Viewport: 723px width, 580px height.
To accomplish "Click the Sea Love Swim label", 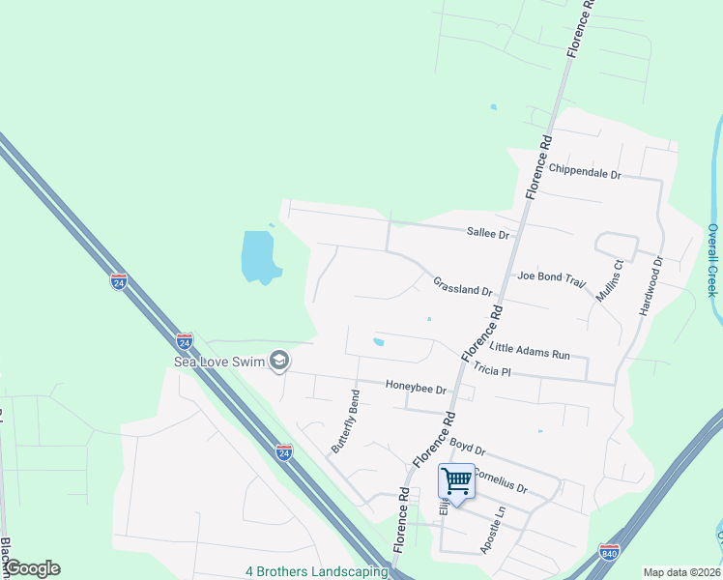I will (x=217, y=362).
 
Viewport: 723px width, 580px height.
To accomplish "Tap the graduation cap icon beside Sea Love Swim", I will (x=279, y=361).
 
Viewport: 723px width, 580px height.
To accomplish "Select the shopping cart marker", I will (x=457, y=480).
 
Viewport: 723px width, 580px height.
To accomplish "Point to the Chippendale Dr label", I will (x=585, y=170).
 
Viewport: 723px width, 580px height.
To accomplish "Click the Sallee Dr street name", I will (x=487, y=234).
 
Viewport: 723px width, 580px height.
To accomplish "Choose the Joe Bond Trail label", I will (x=551, y=278).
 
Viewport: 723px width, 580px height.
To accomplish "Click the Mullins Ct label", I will (x=609, y=279).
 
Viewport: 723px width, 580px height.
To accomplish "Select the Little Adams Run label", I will (x=530, y=350).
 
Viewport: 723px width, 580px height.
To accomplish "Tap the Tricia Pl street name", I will (x=491, y=370).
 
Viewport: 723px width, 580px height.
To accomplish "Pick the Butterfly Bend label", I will (x=346, y=421).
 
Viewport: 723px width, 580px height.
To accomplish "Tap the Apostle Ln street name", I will (x=493, y=530).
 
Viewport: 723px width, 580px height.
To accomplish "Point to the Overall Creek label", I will (x=712, y=260).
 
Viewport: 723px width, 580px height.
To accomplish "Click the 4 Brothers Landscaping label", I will (x=316, y=570).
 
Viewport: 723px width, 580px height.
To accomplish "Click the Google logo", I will (x=32, y=568).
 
